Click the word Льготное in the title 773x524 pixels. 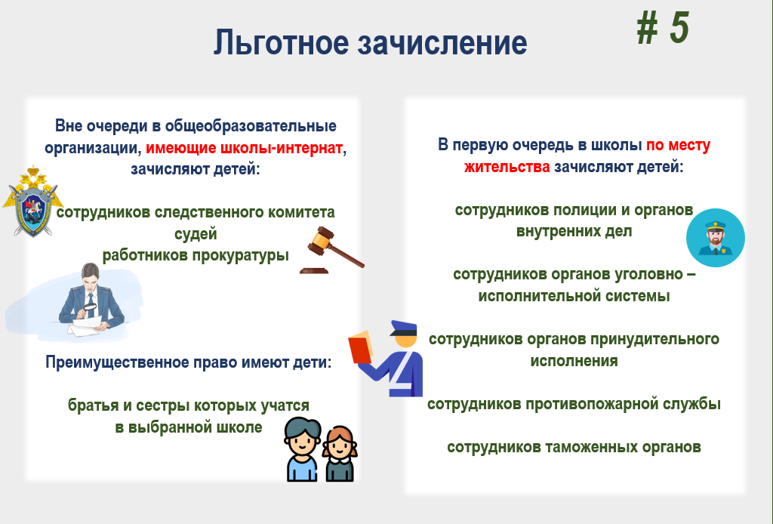click(x=281, y=43)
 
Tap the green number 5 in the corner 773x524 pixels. click(x=679, y=28)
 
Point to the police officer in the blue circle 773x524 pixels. click(x=716, y=238)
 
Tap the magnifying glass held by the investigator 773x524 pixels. click(x=91, y=309)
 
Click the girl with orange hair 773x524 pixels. click(x=340, y=453)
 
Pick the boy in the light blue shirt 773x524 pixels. click(x=302, y=449)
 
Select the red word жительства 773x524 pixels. click(x=507, y=167)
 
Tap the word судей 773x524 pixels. click(x=196, y=233)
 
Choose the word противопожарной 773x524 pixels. click(x=583, y=404)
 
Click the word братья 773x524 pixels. click(x=93, y=405)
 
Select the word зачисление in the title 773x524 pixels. click(x=442, y=43)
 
